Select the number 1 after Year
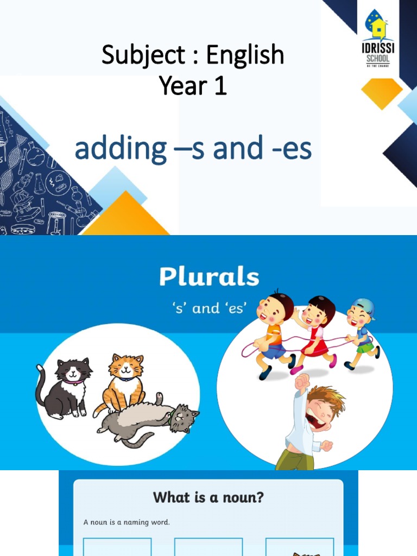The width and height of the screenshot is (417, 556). [x=220, y=86]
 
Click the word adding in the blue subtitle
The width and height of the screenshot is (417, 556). [x=121, y=149]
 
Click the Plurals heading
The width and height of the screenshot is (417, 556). [x=209, y=277]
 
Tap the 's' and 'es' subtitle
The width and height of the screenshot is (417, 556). [x=209, y=308]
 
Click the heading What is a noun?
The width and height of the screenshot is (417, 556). [x=208, y=497]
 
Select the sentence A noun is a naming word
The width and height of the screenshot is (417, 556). [x=127, y=522]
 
